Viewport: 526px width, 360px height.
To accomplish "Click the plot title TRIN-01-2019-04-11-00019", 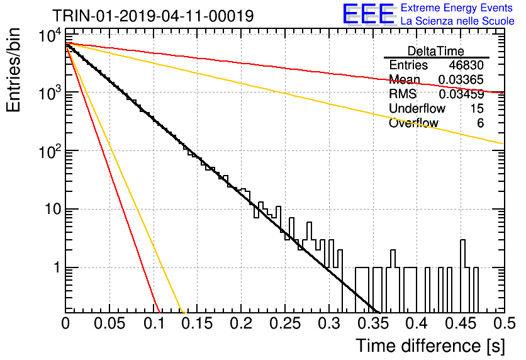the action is coord(153,16).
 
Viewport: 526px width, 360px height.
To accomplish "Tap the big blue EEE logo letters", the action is coord(369,14).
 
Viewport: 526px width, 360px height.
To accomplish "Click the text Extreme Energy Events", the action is coord(457,8).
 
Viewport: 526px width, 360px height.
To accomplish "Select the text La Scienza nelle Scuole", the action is coord(457,21).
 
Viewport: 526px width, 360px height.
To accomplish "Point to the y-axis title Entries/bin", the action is coord(14,70).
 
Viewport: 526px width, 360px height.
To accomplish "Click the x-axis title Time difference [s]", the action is coord(430,346).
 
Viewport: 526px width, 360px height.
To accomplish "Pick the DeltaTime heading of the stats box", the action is coord(436,51).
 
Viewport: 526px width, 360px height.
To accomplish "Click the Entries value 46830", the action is coord(466,65).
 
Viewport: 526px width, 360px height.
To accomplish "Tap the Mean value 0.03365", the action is coord(461,79).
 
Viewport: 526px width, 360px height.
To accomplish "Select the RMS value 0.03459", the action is coord(461,94).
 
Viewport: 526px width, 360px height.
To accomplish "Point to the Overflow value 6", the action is coord(480,123).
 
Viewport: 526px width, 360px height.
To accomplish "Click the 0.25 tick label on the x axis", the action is coord(285,323).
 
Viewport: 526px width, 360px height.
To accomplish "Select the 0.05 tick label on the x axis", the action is coord(109,323).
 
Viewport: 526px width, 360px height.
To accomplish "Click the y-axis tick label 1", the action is coord(57,267).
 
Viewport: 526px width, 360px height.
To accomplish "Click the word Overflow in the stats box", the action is coord(413,123).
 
